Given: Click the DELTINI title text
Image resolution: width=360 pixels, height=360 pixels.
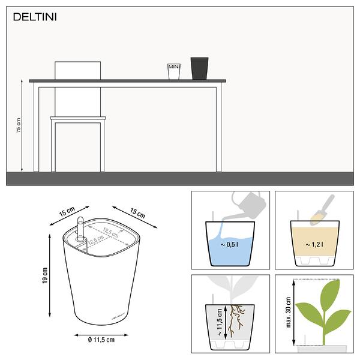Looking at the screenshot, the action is pos(35,17).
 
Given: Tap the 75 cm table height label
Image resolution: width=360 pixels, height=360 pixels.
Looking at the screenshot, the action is pos(19,125).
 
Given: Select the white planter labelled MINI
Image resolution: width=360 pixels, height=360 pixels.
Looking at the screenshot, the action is pos(174,71).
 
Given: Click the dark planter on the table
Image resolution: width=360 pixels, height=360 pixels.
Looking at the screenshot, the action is pos(200,68).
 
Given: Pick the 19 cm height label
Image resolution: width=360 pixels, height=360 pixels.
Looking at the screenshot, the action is pos(45,275).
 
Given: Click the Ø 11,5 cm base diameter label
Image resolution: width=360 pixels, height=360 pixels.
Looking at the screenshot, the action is pos(101,340).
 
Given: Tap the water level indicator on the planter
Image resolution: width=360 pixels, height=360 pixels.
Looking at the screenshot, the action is pos(80,229).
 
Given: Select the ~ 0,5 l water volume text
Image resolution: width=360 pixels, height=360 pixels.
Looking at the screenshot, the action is pos(229,245).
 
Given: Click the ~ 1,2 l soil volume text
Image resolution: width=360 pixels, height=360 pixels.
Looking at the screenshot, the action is pos(314,245).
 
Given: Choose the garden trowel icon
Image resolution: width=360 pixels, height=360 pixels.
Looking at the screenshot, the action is pos(322,210).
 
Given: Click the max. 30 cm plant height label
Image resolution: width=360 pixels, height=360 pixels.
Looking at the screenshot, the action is pos(289,312).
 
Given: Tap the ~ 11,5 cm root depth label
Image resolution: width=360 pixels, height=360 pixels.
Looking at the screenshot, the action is pos(219,322).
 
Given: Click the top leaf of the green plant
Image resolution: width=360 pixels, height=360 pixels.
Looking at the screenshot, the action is pos(330,293).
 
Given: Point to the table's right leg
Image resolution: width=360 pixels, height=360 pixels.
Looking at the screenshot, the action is pos(218,129).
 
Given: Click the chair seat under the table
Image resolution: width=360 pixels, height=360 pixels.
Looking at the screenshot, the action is pos(78,118).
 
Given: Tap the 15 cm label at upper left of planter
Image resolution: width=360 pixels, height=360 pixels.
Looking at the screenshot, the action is pos(67,212).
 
